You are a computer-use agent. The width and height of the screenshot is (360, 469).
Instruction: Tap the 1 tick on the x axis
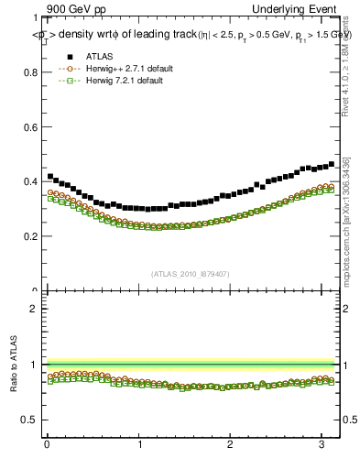pyautogui.click(x=138, y=444)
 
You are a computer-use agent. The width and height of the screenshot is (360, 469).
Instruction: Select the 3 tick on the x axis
pyautogui.click(x=322, y=444)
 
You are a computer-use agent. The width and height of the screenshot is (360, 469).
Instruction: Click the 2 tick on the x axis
pyautogui.click(x=231, y=444)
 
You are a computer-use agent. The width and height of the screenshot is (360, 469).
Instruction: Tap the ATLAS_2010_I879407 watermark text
pyautogui.click(x=190, y=272)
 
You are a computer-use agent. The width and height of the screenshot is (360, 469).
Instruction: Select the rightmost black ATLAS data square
pyautogui.click(x=331, y=164)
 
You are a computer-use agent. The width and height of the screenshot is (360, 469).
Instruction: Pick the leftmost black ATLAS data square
pyautogui.click(x=49, y=176)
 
